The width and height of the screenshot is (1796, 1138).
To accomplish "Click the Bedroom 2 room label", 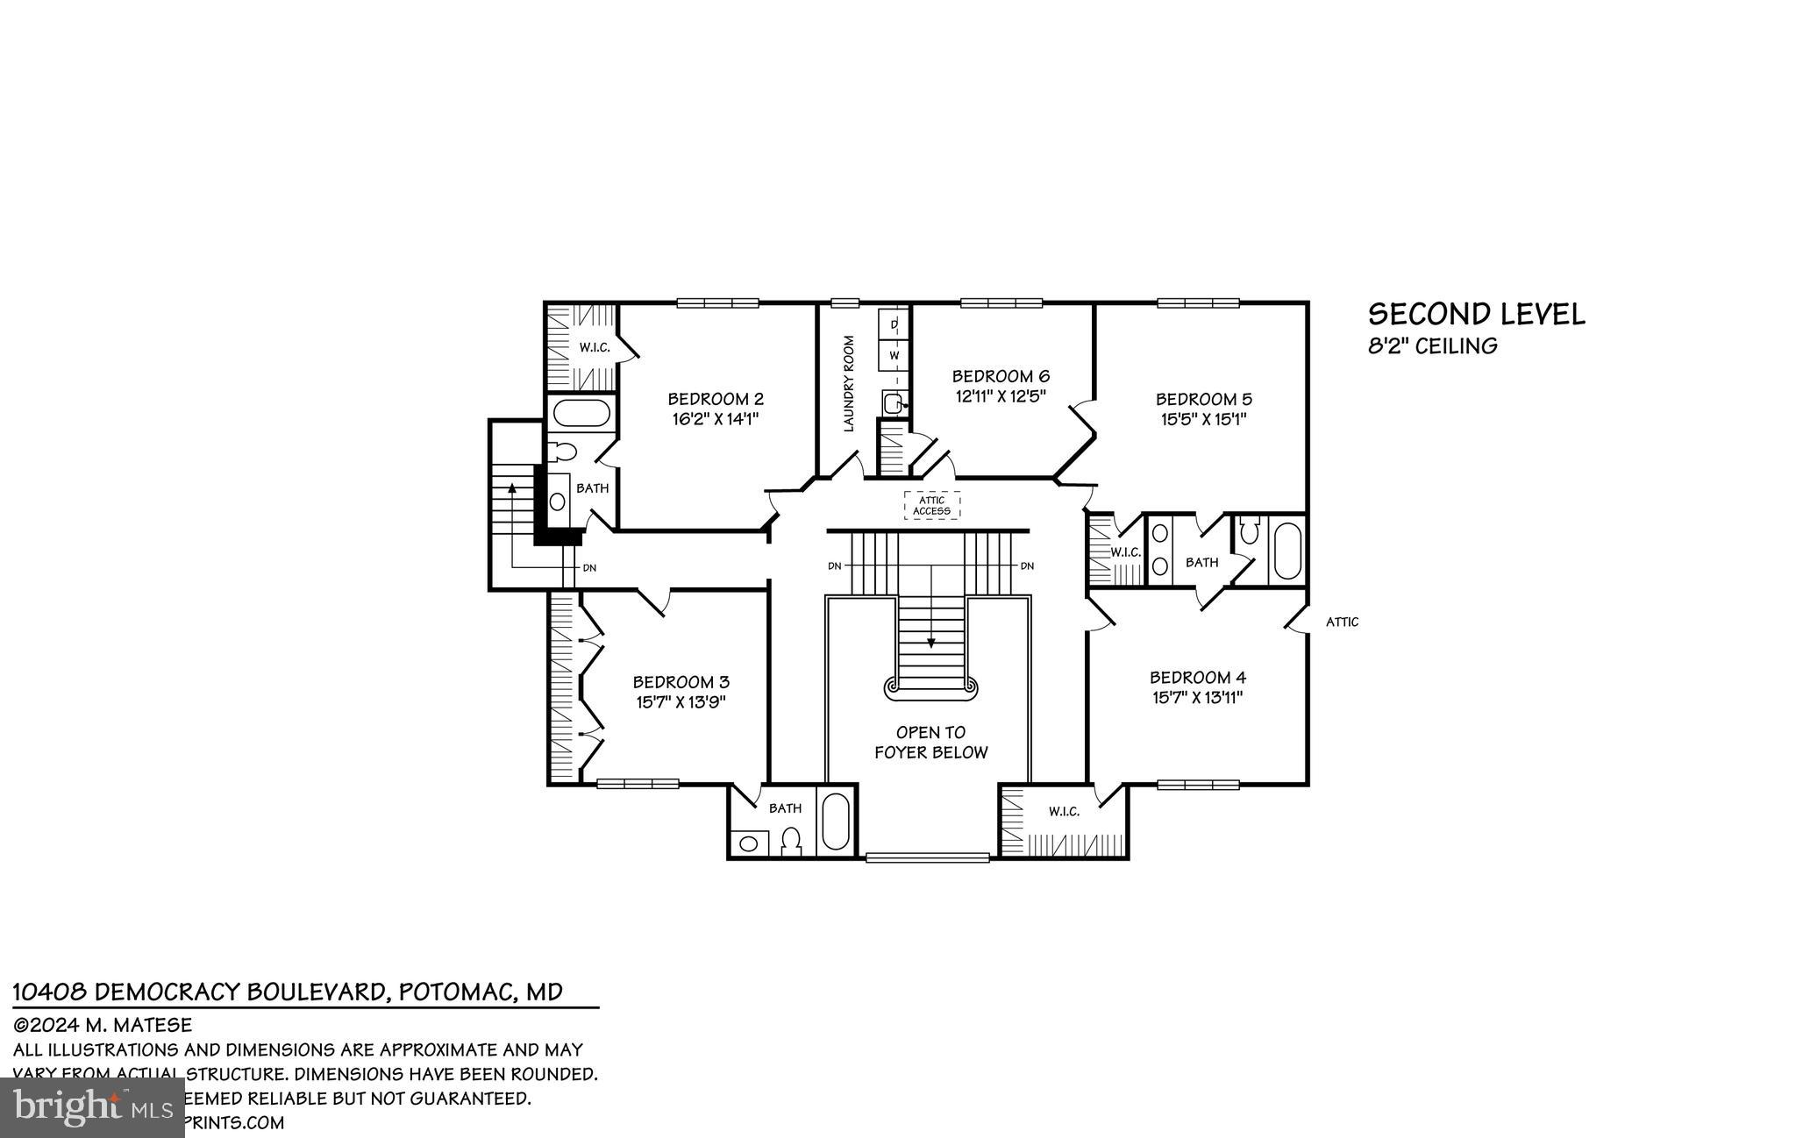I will pos(716,399).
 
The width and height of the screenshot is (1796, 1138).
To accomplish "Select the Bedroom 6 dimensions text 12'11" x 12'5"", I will pos(1001,396).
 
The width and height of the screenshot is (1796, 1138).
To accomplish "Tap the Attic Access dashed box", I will pos(931,506).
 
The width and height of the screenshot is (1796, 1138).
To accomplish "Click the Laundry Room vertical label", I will pos(849,383).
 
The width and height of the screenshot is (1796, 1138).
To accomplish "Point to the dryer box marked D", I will pos(894,324).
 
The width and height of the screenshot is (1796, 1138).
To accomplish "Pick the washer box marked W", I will pos(894,355).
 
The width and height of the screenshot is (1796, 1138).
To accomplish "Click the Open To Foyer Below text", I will pos(930,742).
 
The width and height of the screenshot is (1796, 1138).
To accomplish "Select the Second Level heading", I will pos(1476,315).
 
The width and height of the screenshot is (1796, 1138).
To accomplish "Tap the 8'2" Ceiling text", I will pos(1433,346).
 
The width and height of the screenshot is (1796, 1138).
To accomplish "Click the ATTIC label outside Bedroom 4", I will pos(1342,622).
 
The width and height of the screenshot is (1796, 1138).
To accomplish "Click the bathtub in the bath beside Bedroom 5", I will pos(1287,551).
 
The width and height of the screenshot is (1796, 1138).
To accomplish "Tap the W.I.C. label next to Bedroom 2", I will pos(594,348).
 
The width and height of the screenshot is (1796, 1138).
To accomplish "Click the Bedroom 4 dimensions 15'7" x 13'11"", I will pos(1197,698).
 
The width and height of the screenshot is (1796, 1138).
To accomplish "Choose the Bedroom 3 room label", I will pos(681,682).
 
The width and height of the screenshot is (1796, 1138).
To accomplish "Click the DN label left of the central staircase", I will pos(835,566).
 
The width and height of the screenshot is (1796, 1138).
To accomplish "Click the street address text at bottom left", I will pos(288,992).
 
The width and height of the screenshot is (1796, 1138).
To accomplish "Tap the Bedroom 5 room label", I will pos(1203,399).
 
